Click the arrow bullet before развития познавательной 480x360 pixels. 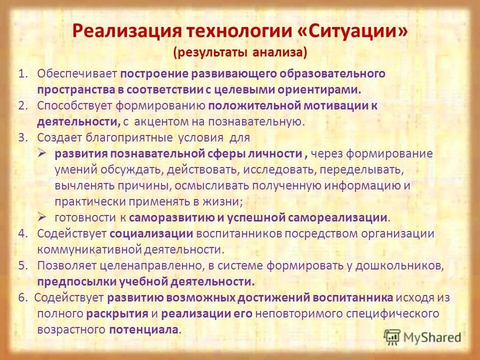[42, 153]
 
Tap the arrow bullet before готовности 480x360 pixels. [42, 217]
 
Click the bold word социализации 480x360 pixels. [151, 233]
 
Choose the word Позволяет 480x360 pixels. [64, 265]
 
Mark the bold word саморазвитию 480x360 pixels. [167, 217]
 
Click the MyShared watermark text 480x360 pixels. [432, 337]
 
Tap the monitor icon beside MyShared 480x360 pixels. [392, 337]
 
